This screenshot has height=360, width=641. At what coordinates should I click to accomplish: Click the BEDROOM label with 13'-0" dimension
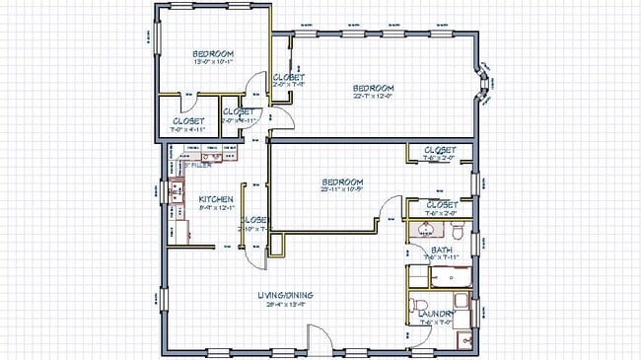(212, 53)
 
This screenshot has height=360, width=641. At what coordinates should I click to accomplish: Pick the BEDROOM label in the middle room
(342, 181)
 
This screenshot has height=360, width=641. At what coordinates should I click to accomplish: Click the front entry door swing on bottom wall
(321, 340)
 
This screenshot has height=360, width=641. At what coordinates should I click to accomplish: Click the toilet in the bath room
(458, 233)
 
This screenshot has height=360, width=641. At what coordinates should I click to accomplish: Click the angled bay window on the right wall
(483, 83)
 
